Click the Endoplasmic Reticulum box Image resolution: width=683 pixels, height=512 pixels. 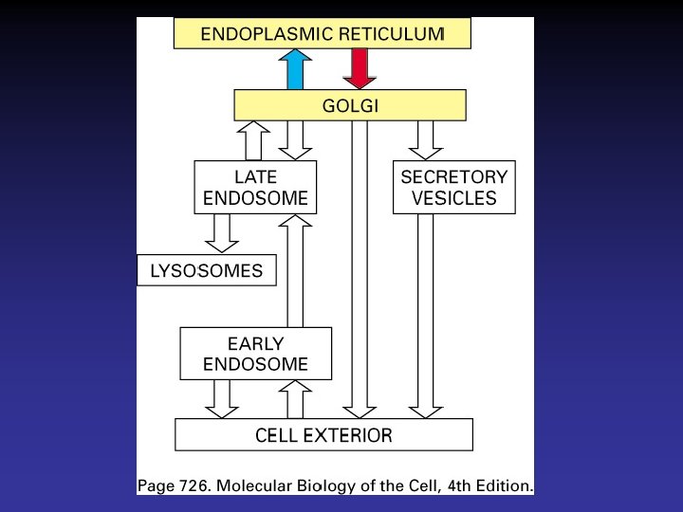[x=323, y=34]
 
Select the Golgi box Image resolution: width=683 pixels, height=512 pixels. [x=350, y=105]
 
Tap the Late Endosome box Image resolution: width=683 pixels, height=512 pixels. [x=256, y=187]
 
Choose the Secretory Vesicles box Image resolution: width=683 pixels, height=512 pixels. [x=453, y=187]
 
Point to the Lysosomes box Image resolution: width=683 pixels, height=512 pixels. [x=207, y=271]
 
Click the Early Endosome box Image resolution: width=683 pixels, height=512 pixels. [x=256, y=353]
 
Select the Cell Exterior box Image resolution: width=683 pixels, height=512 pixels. [x=323, y=436]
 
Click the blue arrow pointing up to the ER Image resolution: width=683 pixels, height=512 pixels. [x=294, y=69]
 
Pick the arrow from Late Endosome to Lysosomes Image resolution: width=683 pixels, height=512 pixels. [x=222, y=232]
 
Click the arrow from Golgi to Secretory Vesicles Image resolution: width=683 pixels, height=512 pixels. [x=425, y=140]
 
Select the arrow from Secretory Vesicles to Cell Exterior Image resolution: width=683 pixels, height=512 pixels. [x=425, y=316]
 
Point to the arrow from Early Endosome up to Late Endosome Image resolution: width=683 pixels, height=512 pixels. [x=295, y=271]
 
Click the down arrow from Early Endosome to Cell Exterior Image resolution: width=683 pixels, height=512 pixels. [x=222, y=398]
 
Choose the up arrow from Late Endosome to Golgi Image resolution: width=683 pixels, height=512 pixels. [x=254, y=140]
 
